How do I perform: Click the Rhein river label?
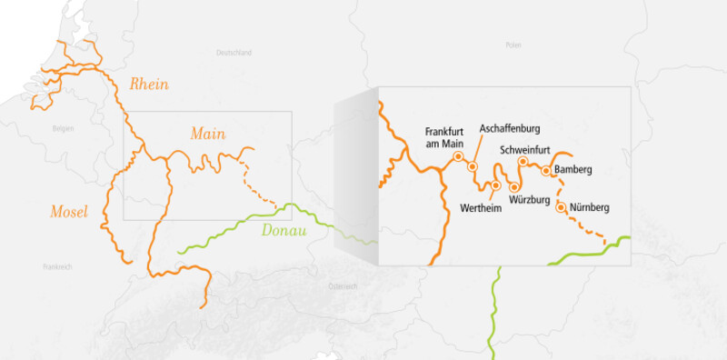[x=150, y=85]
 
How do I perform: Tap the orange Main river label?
[x=208, y=134]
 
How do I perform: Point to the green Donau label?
[x=284, y=230]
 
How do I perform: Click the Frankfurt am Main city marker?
[x=458, y=155]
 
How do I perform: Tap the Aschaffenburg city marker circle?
[x=473, y=166]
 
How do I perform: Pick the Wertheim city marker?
[x=495, y=185]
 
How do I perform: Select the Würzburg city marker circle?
[x=514, y=187]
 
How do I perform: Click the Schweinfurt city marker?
[x=523, y=162]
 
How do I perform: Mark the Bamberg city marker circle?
[x=546, y=170]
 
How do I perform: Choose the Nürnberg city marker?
[x=561, y=207]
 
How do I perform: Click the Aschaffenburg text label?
[x=510, y=128]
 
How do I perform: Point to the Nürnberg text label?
[x=589, y=208]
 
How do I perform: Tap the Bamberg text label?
[x=573, y=170]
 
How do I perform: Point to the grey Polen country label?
[x=513, y=44]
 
